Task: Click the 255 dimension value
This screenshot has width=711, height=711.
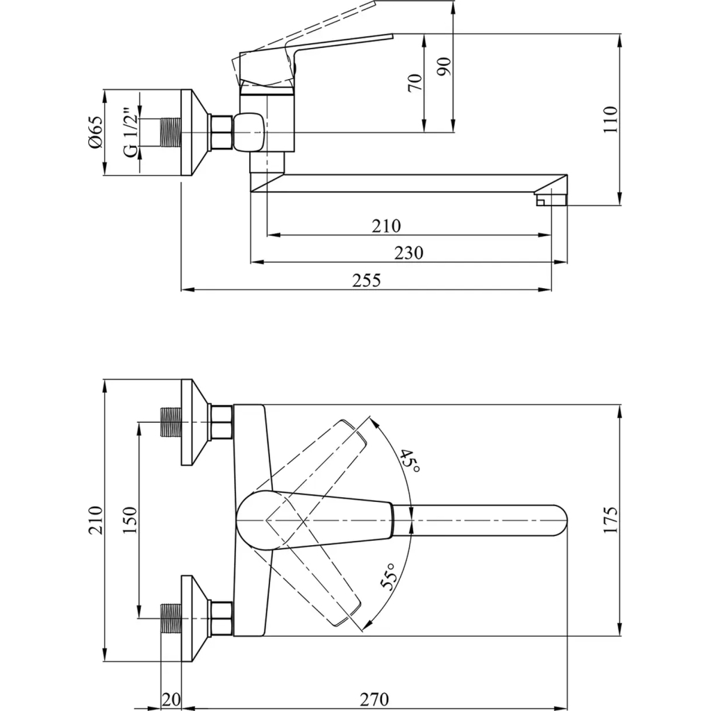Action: click(x=366, y=280)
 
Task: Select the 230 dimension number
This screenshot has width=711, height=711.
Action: click(x=409, y=253)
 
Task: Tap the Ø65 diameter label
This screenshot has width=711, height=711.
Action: click(x=95, y=132)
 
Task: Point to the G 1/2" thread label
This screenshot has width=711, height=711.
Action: click(x=129, y=132)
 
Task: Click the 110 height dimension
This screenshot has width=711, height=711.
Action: click(x=610, y=119)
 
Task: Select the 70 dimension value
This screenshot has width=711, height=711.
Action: click(x=415, y=83)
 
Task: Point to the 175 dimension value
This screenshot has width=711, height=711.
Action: click(x=610, y=519)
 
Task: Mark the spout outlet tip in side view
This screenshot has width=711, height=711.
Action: click(x=550, y=201)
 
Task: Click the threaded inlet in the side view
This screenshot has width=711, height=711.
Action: click(x=170, y=132)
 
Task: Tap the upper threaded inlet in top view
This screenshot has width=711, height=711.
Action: click(x=170, y=422)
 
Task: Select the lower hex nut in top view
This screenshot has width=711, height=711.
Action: click(x=221, y=618)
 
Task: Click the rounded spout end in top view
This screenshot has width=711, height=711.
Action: click(x=559, y=520)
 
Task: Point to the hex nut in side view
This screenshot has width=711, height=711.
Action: click(x=221, y=132)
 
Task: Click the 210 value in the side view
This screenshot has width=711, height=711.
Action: click(x=386, y=226)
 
